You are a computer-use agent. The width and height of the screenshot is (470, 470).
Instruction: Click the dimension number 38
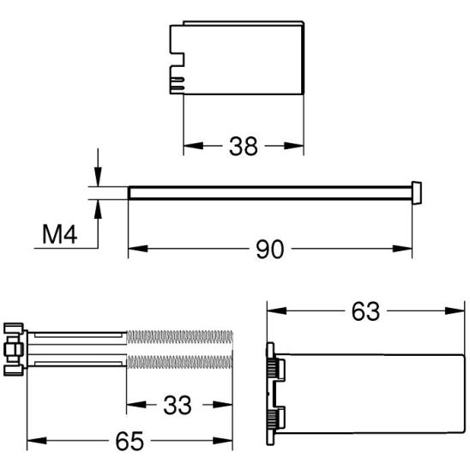tap(244, 147)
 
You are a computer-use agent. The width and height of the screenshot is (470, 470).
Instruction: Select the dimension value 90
tap(271, 250)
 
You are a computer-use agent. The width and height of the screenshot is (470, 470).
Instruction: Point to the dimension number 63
tap(365, 310)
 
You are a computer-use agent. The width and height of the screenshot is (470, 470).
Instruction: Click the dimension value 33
tap(178, 404)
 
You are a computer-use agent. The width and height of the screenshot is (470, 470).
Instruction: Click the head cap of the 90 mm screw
tap(417, 192)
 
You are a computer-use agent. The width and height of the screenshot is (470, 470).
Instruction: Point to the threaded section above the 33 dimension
tap(179, 350)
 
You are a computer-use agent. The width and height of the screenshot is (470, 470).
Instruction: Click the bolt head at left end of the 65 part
tap(13, 350)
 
